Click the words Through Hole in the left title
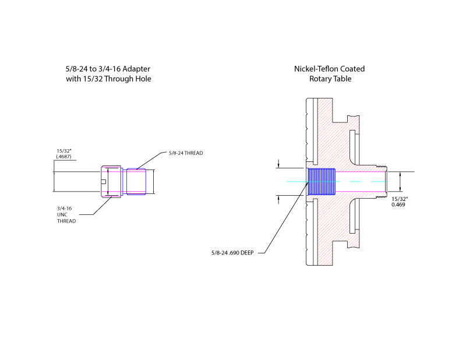(128, 79)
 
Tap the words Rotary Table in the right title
(330, 79)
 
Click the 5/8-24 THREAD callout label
(185, 153)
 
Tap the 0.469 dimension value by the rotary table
(398, 204)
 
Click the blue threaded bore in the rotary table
(321, 181)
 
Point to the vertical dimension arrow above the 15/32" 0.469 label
(400, 181)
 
